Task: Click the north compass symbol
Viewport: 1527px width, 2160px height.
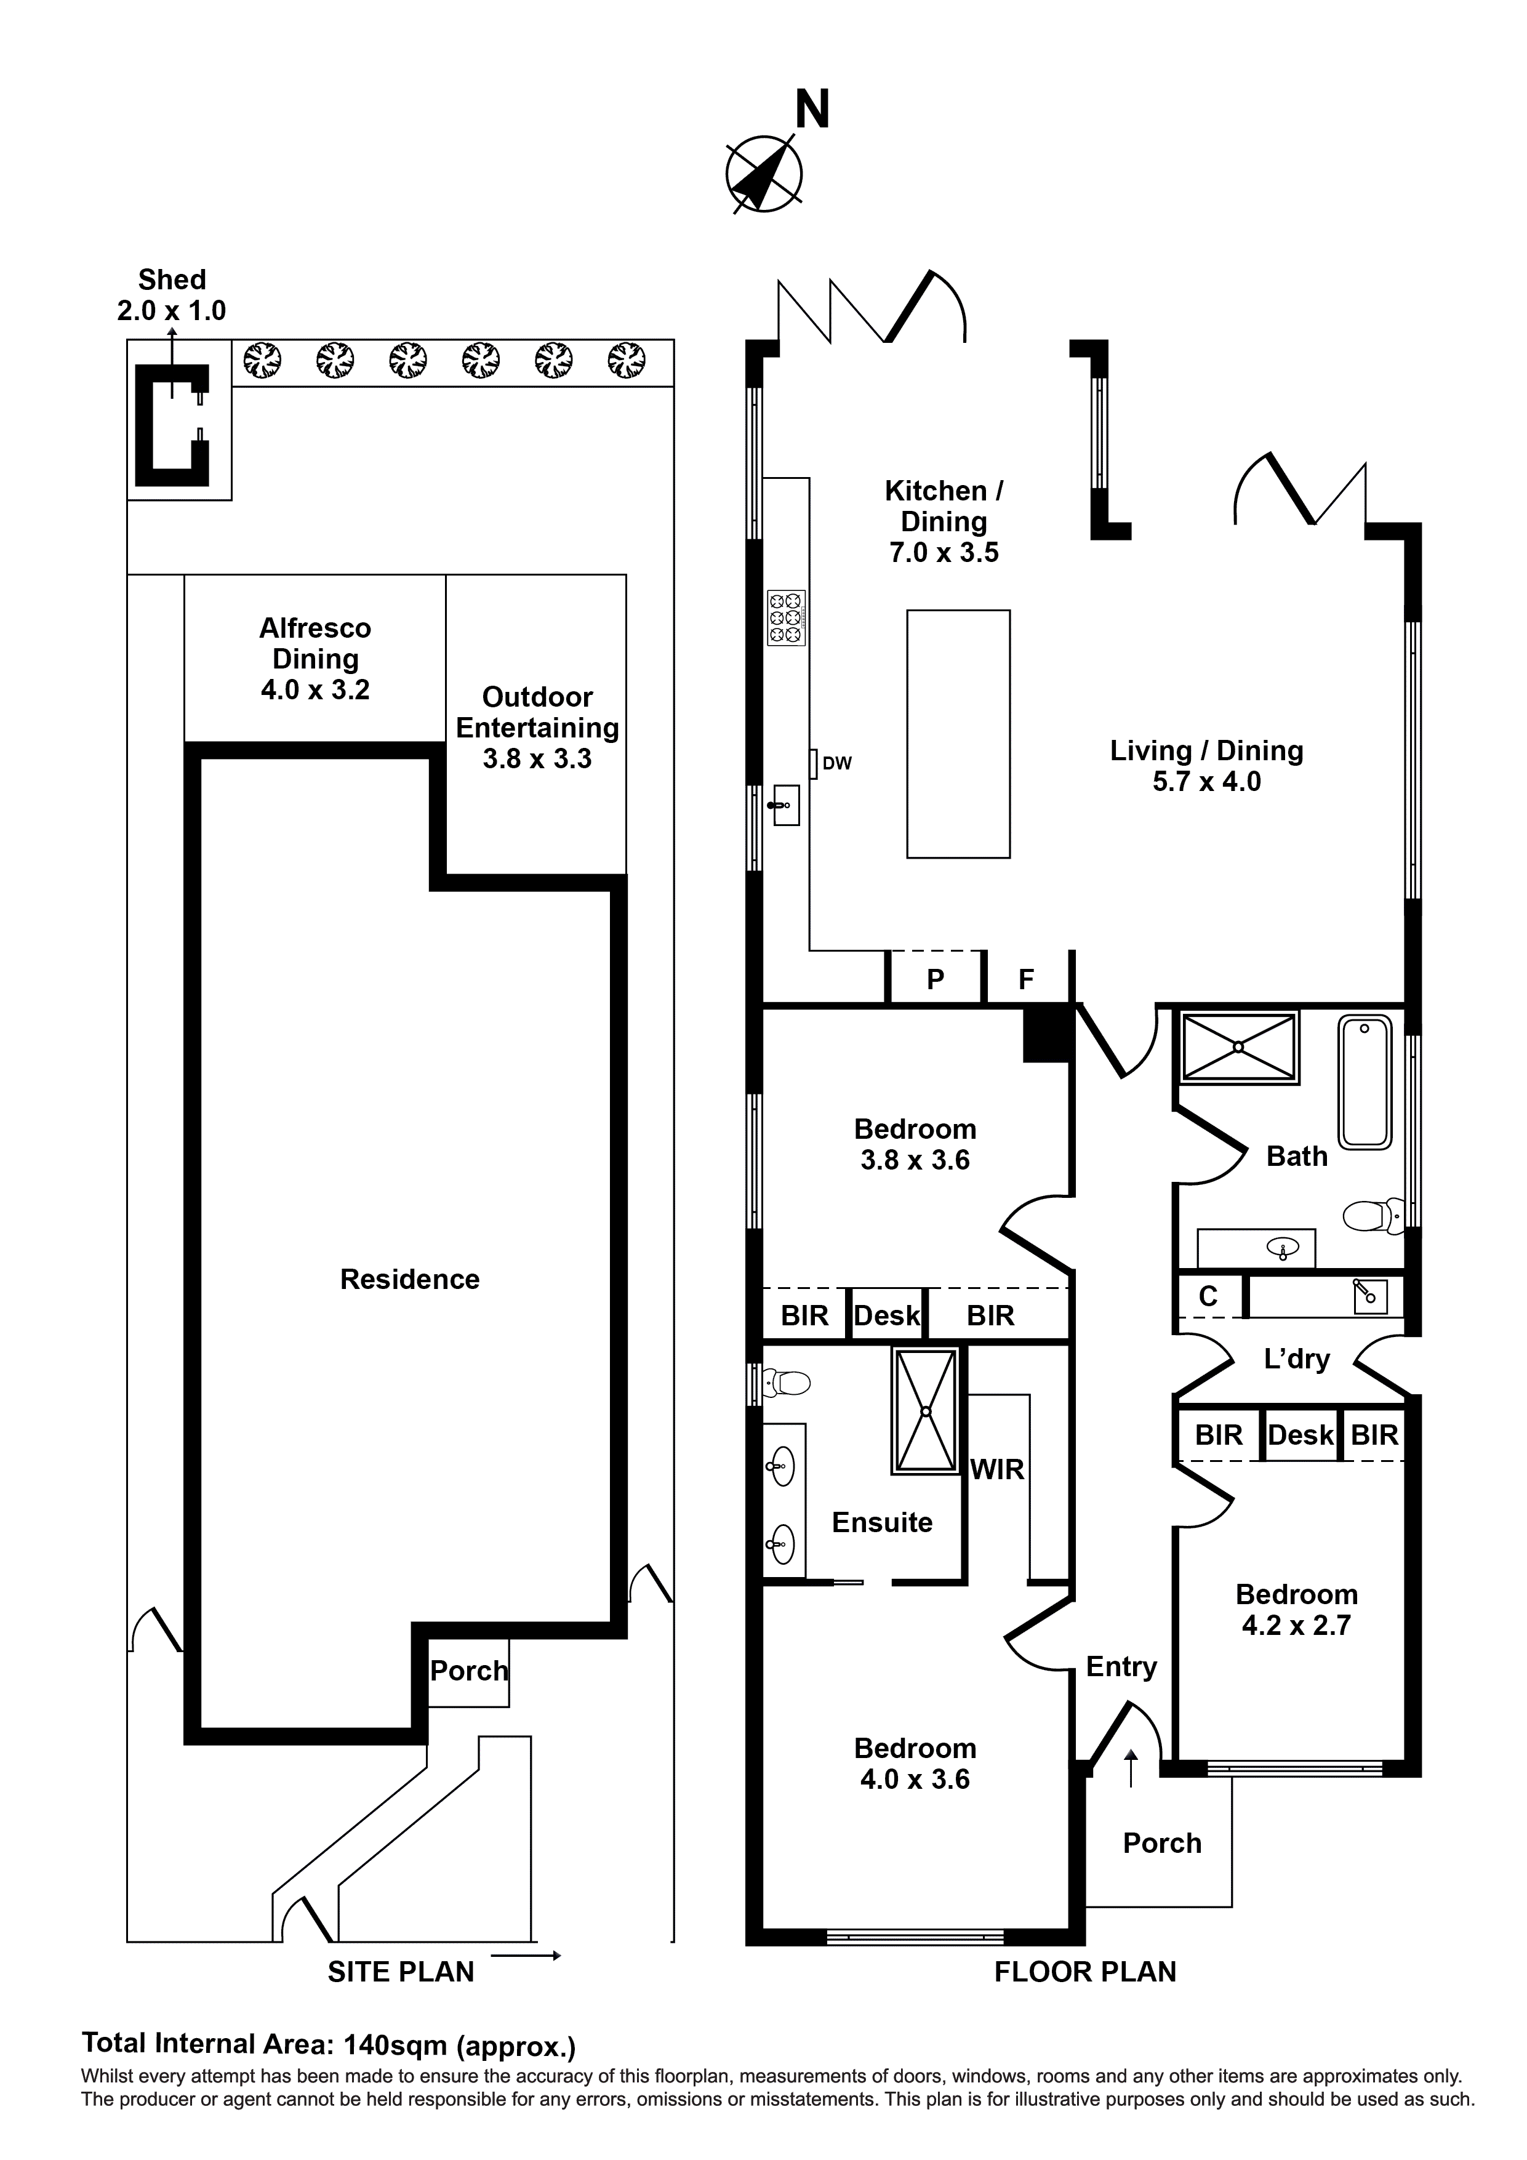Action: pyautogui.click(x=764, y=173)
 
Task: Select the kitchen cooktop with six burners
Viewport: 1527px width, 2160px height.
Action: pyautogui.click(x=787, y=618)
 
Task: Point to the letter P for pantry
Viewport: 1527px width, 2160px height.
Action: pyautogui.click(x=935, y=979)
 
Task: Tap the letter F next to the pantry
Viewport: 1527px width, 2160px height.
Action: pyautogui.click(x=1027, y=979)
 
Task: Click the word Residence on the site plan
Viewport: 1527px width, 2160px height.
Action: pyautogui.click(x=409, y=1280)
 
